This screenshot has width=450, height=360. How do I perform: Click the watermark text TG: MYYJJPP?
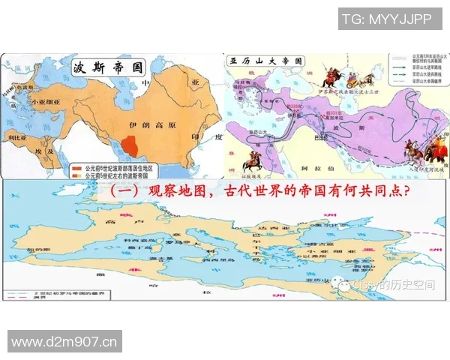tap(386, 20)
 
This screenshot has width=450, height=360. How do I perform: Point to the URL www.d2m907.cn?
tap(65, 343)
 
